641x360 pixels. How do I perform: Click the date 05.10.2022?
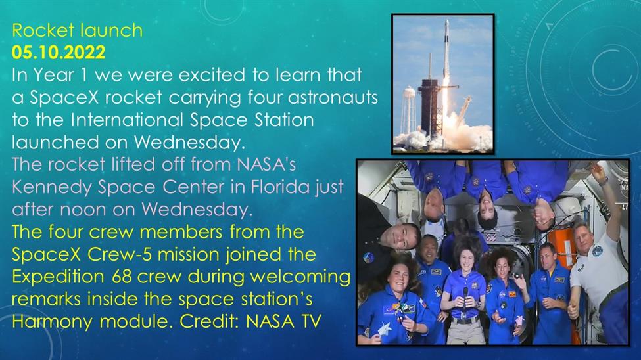(59, 53)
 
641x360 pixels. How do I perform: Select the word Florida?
(280, 187)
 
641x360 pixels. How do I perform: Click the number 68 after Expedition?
(122, 277)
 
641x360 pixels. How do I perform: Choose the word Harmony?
(52, 322)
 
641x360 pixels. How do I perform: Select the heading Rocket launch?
(78, 30)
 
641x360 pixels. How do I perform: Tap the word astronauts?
(333, 98)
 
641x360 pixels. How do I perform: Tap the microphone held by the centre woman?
(465, 298)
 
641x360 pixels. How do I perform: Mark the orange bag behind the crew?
(563, 244)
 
